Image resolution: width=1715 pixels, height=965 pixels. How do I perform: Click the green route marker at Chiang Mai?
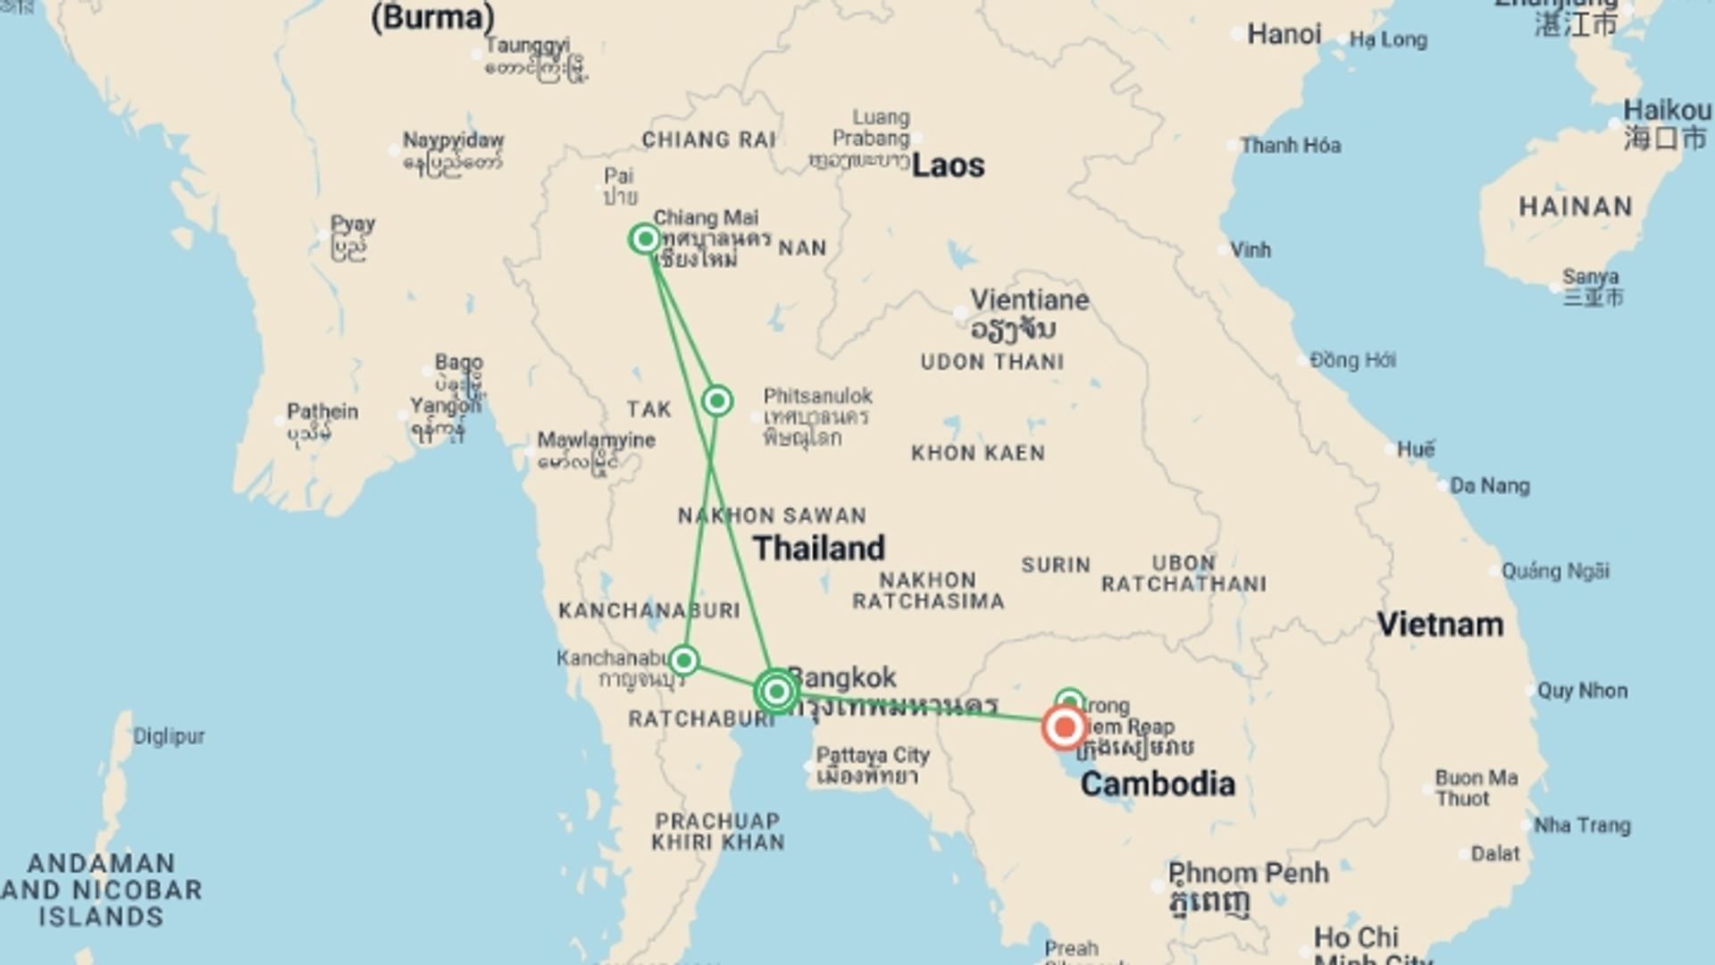[645, 239]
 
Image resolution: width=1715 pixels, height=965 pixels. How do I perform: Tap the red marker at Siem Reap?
[1064, 727]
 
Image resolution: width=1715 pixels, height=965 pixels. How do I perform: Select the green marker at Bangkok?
[776, 691]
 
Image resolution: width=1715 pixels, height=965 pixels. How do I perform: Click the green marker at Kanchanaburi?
[683, 660]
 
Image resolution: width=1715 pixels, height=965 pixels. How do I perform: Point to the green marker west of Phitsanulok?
[717, 400]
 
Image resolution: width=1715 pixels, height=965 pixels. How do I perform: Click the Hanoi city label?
[1284, 35]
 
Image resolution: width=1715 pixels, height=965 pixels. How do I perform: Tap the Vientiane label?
[1029, 299]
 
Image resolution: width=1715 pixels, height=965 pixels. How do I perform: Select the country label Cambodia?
[1158, 784]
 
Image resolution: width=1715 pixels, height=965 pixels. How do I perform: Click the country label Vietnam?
[1439, 624]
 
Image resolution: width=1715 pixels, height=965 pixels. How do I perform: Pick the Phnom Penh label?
[1248, 872]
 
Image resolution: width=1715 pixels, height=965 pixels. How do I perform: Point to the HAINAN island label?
[1576, 206]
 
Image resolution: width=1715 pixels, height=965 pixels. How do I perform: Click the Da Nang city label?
[1489, 486]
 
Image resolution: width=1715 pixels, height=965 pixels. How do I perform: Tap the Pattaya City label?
[873, 755]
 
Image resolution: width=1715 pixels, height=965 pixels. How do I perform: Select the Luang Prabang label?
[873, 128]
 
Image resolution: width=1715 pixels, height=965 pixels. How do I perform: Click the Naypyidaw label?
[453, 140]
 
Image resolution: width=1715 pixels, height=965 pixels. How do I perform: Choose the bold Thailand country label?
[818, 548]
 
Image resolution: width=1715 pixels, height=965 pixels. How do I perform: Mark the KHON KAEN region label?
[977, 453]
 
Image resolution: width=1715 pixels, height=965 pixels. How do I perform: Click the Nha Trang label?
[1582, 826]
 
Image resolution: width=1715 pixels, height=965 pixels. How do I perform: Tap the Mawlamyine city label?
[596, 440]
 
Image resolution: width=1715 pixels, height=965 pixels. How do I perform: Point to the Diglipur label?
[169, 736]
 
